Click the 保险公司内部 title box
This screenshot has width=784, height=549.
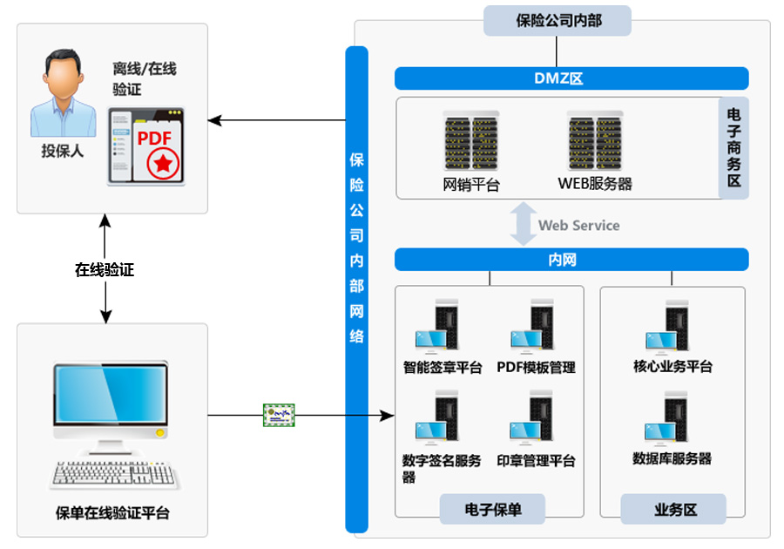(x=558, y=20)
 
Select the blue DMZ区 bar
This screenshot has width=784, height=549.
(x=571, y=78)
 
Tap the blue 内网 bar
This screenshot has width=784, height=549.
(x=571, y=260)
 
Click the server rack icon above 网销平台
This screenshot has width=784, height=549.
(x=470, y=141)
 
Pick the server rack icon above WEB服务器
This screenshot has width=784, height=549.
(x=596, y=141)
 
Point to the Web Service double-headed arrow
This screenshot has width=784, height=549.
(x=523, y=225)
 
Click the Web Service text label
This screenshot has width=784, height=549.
(x=579, y=226)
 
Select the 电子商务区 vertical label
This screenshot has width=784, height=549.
(x=733, y=148)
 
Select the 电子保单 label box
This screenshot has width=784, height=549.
(x=492, y=510)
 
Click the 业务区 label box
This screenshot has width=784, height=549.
(x=672, y=510)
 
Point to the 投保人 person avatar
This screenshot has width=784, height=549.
(x=63, y=93)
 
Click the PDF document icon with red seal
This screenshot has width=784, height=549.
(x=147, y=146)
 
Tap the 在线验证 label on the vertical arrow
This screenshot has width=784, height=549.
(x=105, y=270)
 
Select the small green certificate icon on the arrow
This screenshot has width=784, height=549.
(x=280, y=416)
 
